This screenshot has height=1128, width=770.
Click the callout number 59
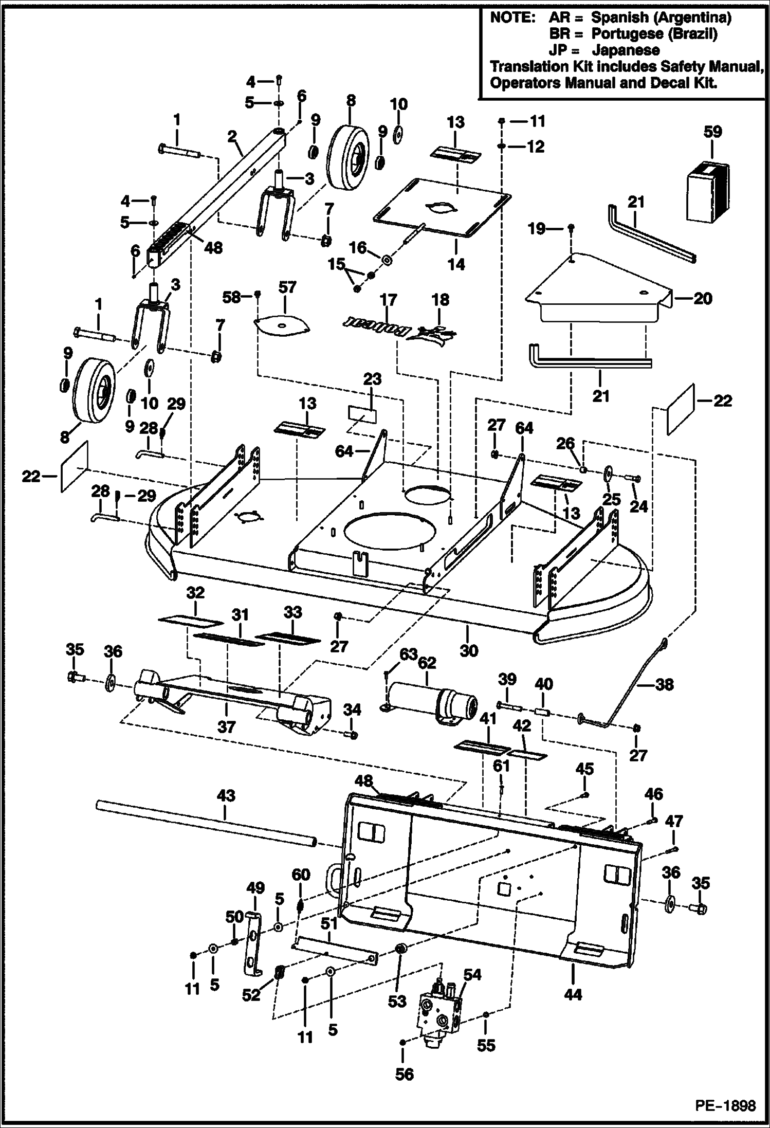coord(712,132)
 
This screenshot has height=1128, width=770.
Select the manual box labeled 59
coord(708,193)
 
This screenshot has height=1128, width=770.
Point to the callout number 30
coord(468,650)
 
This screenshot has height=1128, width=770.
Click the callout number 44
coord(573,995)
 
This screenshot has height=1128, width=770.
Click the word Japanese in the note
coord(626,50)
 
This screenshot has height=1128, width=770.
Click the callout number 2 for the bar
coord(232,136)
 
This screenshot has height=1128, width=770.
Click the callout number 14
coord(456,264)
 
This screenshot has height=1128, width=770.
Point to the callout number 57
coord(287,287)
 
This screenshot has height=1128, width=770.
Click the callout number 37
coord(226,726)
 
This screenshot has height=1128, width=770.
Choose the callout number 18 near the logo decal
coord(440,300)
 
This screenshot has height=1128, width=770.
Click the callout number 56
coord(405,1075)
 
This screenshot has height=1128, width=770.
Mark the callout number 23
coord(372,379)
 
